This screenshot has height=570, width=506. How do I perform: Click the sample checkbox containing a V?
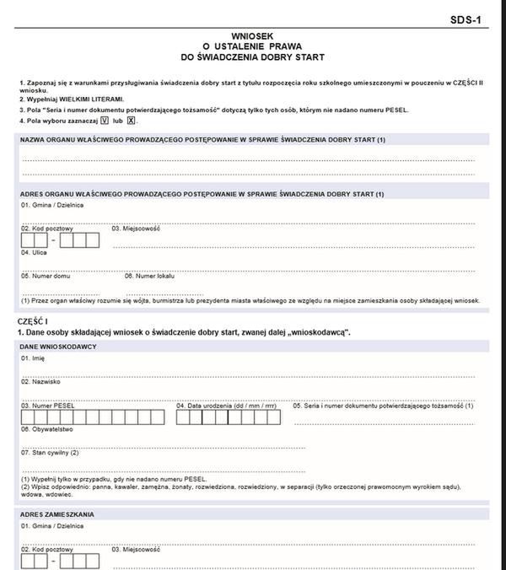105,121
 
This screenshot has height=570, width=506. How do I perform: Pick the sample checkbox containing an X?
130,121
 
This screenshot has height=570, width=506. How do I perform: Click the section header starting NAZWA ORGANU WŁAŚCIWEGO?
202,139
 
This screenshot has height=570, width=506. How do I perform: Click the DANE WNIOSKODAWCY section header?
58,347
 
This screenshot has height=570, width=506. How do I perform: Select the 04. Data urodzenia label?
227,406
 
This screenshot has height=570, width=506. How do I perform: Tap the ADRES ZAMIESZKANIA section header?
57,514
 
